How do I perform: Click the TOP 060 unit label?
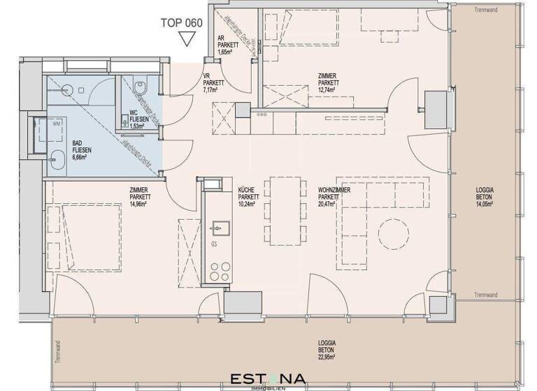[x=180, y=22]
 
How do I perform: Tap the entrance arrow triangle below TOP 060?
[x=186, y=39]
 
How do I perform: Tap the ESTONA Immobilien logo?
[x=268, y=380]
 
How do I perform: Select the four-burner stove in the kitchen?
[x=218, y=271]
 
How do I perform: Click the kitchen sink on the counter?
[x=219, y=228]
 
